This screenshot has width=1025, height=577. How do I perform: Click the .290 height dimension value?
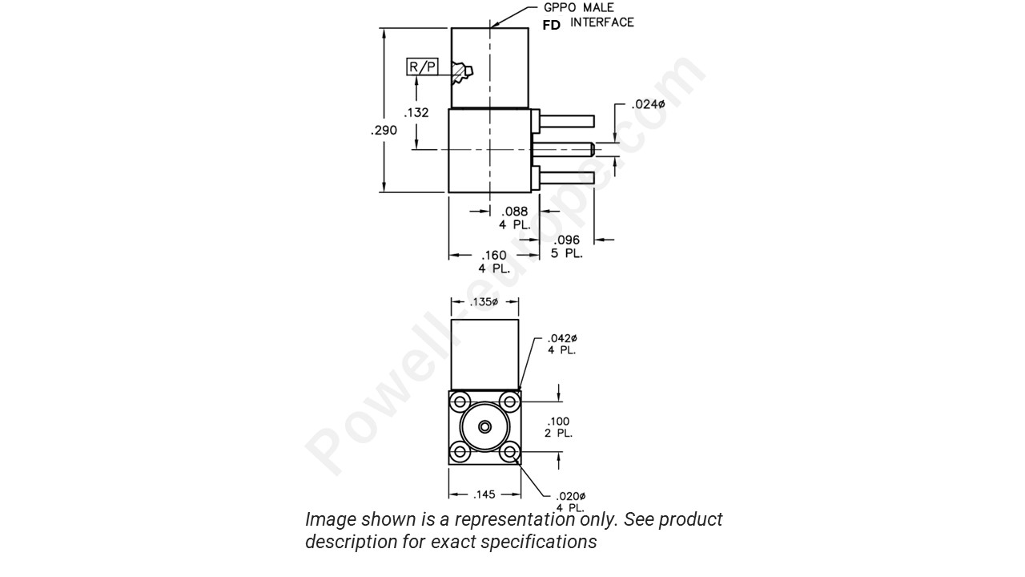click(384, 130)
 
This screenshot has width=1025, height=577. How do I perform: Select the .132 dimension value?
click(416, 113)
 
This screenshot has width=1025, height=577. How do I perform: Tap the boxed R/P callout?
click(423, 67)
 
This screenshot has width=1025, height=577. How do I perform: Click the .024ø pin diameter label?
click(648, 104)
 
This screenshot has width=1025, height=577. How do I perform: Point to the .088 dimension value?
click(514, 212)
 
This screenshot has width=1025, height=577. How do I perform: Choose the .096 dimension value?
click(566, 240)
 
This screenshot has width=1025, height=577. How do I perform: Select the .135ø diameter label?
click(484, 302)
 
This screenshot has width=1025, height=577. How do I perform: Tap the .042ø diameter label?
click(562, 338)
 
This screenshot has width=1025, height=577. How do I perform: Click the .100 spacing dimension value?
click(559, 422)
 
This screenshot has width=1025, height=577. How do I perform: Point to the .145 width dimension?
click(484, 494)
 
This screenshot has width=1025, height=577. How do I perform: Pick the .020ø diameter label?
click(571, 496)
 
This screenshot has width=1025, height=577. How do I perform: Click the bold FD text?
click(552, 25)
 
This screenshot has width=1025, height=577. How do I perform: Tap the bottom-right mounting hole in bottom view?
click(508, 453)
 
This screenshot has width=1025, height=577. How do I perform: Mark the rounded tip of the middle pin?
click(591, 148)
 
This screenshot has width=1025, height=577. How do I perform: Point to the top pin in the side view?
click(567, 121)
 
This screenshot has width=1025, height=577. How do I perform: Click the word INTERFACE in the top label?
click(602, 22)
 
